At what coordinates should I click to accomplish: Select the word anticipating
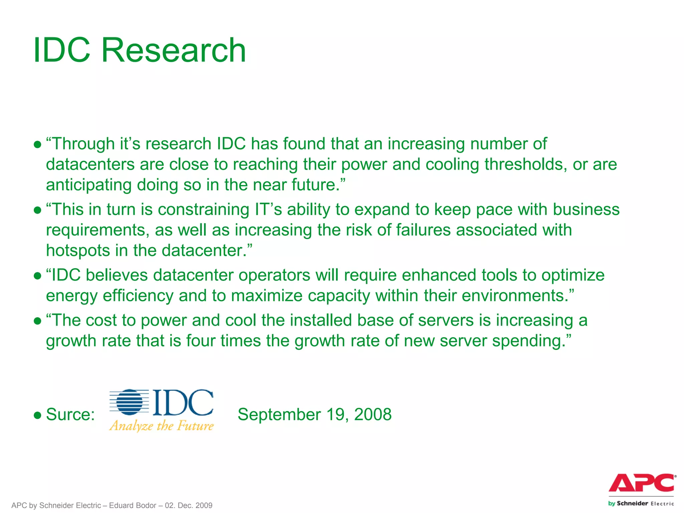[89, 185]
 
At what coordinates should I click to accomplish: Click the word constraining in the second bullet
[203, 210]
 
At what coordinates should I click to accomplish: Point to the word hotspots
[78, 251]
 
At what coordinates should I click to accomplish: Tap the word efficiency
[138, 296]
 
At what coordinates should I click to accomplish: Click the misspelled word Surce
[70, 414]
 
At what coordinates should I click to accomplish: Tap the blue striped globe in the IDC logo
[130, 402]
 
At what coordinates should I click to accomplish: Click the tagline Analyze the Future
[161, 426]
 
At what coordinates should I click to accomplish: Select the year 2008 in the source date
[373, 414]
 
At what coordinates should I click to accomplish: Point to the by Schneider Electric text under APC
[641, 503]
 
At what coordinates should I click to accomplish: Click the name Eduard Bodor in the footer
[133, 505]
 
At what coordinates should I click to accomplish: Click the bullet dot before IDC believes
[37, 276]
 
